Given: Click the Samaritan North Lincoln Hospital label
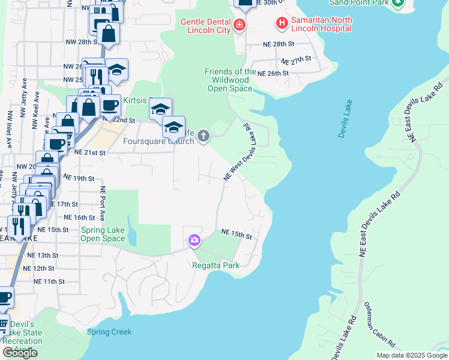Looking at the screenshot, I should pyautogui.click(x=322, y=24).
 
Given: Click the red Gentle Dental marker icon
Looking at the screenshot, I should pyautogui.click(x=240, y=25).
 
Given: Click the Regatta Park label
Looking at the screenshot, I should pyautogui.click(x=215, y=265).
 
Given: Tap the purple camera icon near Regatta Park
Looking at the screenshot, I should pyautogui.click(x=194, y=241).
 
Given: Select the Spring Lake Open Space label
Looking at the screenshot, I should pyautogui.click(x=103, y=234).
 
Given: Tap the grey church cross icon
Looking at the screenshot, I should pyautogui.click(x=203, y=136).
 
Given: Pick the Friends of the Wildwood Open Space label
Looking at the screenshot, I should pyautogui.click(x=230, y=80).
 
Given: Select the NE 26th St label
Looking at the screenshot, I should pyautogui.click(x=273, y=73).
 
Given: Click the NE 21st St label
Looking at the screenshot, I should pyautogui.click(x=90, y=152).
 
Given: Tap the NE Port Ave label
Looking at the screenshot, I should pyautogui.click(x=103, y=203).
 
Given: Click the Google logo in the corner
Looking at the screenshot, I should pyautogui.click(x=20, y=353).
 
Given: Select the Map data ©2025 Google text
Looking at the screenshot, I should pyautogui.click(x=411, y=355).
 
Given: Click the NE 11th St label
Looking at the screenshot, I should pyautogui.click(x=49, y=281).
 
